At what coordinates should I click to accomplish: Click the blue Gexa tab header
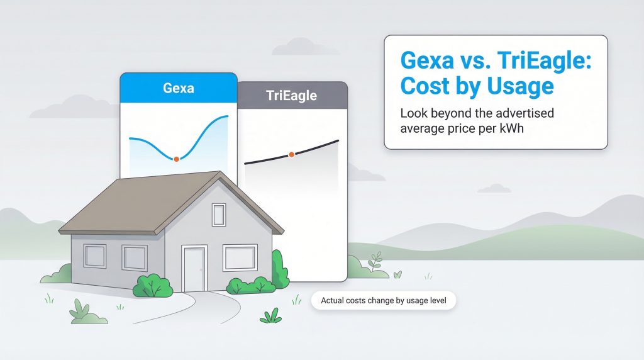click(179, 88)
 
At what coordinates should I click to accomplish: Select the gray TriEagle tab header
click(291, 96)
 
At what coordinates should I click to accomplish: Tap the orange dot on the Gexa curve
click(177, 159)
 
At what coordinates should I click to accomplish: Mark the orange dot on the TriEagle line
click(291, 154)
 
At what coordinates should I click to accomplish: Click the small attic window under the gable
click(218, 215)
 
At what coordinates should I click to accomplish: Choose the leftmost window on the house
click(95, 256)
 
